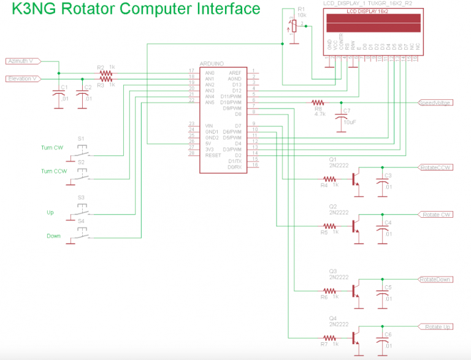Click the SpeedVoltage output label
click(x=435, y=102)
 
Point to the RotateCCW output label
click(x=435, y=167)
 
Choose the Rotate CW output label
click(x=437, y=215)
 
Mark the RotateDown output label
click(x=435, y=280)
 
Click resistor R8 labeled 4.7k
click(x=318, y=102)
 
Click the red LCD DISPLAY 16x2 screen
click(x=373, y=24)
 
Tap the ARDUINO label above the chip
click(x=212, y=63)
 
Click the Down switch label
click(x=53, y=236)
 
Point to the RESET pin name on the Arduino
click(x=213, y=155)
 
